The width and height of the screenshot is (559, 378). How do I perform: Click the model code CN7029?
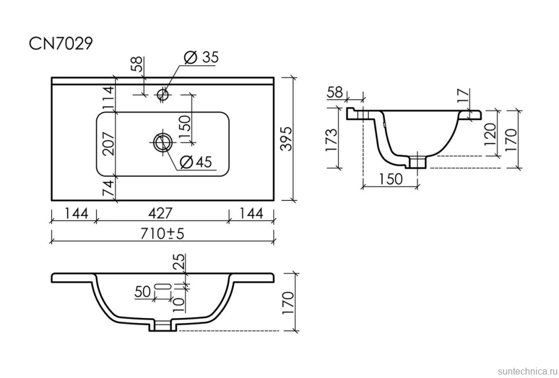[61, 44]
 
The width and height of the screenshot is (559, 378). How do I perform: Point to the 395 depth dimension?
[286, 139]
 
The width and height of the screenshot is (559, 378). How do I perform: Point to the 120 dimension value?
[490, 134]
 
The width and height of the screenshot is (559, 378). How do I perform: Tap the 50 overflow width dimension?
[142, 292]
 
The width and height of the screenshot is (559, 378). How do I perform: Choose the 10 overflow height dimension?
[178, 301]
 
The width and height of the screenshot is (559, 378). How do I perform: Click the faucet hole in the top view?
[163, 95]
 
